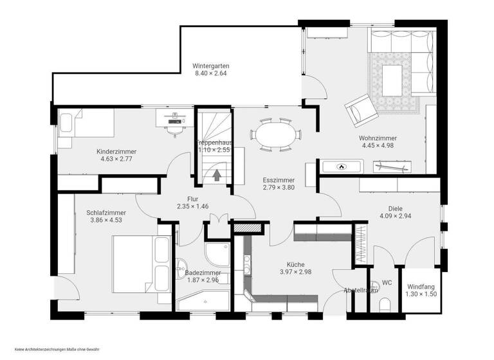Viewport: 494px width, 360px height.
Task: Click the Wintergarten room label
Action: [212, 66]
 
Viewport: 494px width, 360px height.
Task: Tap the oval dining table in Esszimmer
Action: [275, 136]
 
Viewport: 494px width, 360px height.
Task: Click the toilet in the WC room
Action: [384, 304]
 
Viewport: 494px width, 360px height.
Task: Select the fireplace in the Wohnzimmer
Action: [342, 166]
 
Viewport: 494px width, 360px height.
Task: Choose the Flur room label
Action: [193, 199]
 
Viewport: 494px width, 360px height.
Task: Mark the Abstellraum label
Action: [361, 291]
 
